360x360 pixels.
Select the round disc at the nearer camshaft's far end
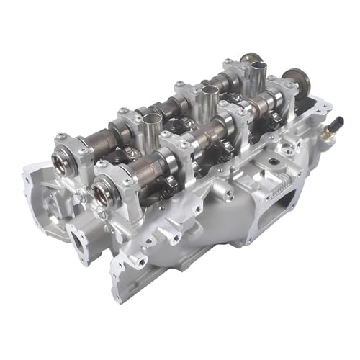click(x=296, y=81)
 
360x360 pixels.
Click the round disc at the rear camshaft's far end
click(x=251, y=60)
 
